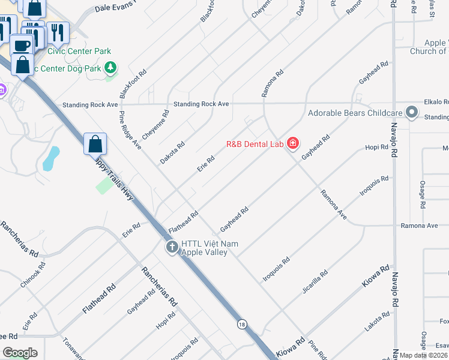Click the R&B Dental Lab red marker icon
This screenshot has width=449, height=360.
coord(292,143)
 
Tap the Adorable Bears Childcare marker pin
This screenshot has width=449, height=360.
coord(411,113)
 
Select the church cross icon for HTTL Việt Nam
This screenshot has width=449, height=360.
coord(172,247)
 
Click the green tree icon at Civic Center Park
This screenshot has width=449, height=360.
coord(110,68)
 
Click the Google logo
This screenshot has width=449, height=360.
coord(20,353)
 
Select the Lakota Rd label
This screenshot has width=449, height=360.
coord(377,322)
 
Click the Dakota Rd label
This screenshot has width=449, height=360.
coord(172,152)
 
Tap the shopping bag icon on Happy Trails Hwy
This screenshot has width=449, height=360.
coord(95,144)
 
